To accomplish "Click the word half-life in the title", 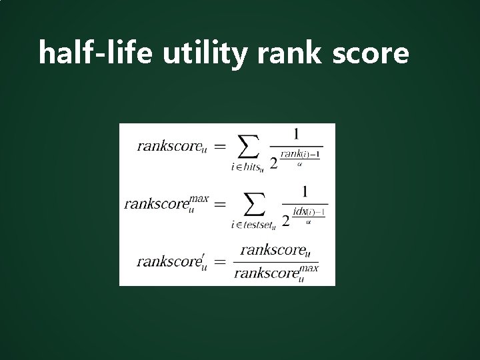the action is click(x=96, y=53).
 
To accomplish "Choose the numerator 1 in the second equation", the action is click(x=305, y=192).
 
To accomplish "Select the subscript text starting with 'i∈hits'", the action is click(x=247, y=169).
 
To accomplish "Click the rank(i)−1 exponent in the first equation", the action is click(x=300, y=154).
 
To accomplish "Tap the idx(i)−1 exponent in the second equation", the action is click(x=310, y=212).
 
